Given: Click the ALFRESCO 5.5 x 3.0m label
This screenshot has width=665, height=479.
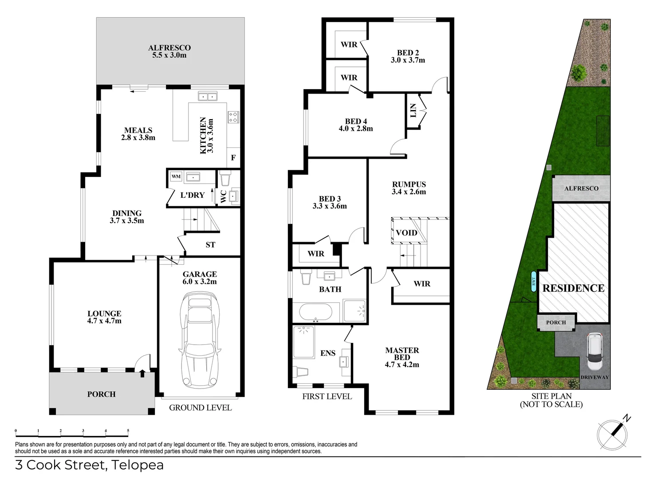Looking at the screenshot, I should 169,51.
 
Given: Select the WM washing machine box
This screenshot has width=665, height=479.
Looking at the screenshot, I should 176,177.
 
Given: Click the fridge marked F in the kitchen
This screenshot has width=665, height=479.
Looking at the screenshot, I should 233,158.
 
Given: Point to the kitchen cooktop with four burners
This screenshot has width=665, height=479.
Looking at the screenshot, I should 233,117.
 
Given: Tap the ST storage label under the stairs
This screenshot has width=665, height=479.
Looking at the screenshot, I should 210,245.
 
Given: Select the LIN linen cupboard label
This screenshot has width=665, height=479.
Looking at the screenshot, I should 413,110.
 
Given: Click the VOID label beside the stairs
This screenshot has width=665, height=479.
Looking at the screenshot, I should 406,233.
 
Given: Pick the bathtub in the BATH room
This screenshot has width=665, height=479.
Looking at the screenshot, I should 315,312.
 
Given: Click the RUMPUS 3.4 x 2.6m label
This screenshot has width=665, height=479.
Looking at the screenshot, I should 409,188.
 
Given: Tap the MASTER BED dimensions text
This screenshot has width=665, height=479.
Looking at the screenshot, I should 402,365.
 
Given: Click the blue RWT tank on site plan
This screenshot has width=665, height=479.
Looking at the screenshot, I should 534,281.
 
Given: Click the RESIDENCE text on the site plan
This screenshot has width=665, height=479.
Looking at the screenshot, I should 573,288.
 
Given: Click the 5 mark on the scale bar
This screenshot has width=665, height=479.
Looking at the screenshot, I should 128,431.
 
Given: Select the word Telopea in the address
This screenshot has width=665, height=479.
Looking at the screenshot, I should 137,465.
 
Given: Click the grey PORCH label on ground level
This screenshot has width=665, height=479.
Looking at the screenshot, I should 101,394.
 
